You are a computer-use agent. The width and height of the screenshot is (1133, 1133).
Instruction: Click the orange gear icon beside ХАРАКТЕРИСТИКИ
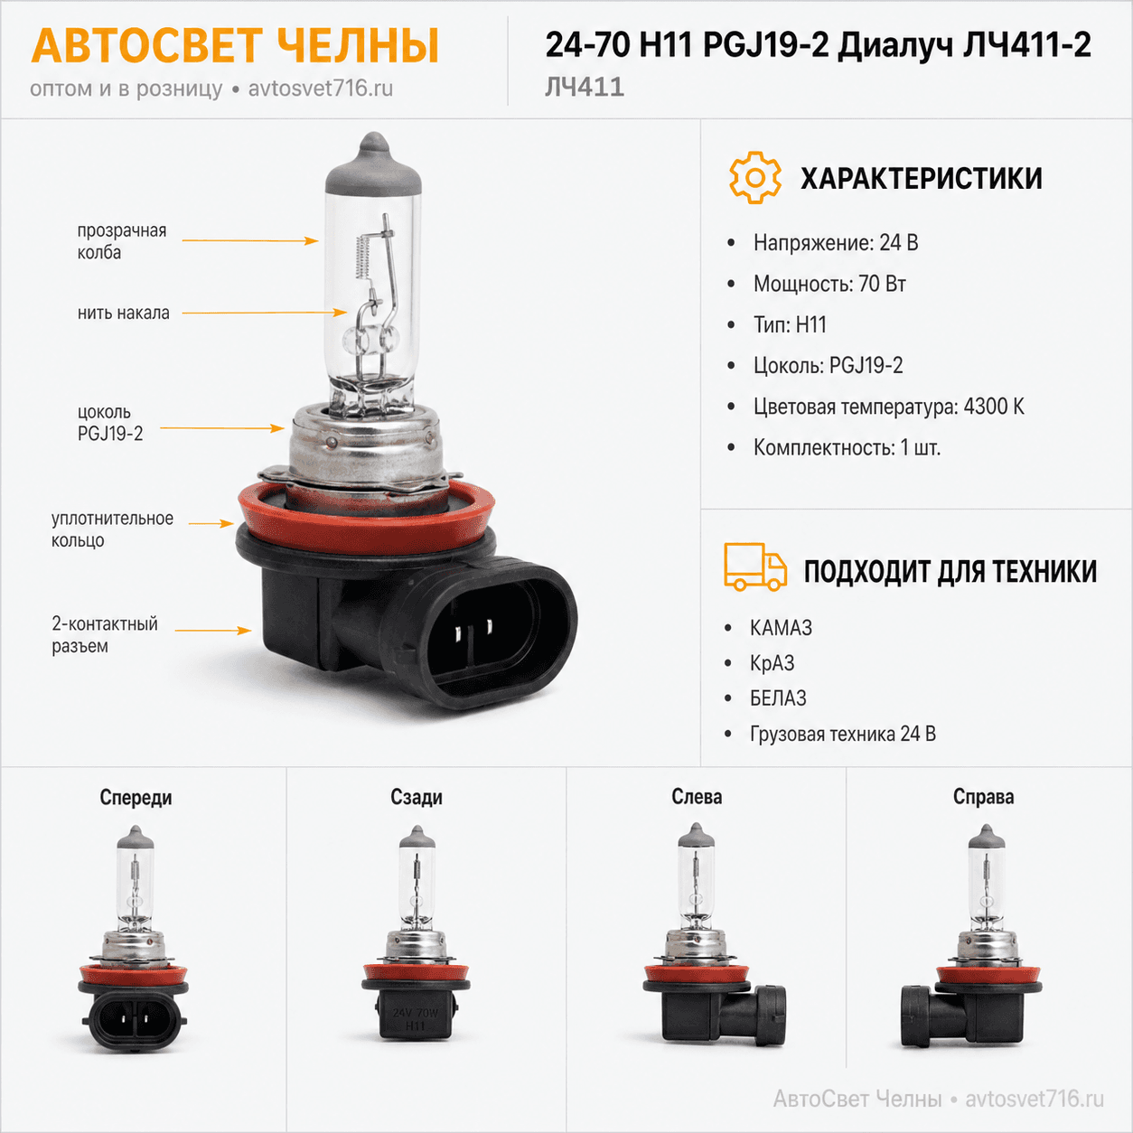(x=755, y=178)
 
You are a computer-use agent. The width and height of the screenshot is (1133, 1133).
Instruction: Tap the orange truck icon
(x=755, y=566)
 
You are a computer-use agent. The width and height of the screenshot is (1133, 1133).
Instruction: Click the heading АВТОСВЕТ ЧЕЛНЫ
(x=235, y=46)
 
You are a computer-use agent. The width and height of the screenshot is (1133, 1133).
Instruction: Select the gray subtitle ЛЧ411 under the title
(x=584, y=87)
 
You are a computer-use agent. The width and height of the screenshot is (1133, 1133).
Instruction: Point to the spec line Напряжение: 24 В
(x=836, y=242)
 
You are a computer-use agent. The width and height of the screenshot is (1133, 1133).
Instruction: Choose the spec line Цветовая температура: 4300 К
(x=888, y=407)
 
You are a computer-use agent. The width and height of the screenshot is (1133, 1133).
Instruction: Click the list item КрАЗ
(x=772, y=663)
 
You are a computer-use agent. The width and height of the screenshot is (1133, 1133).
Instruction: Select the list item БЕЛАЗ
(x=778, y=698)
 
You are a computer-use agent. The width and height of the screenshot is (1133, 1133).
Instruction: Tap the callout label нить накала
(x=124, y=313)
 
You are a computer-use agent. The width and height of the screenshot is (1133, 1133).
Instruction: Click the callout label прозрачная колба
(x=122, y=241)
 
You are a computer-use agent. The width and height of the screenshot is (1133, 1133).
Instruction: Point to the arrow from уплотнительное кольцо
(x=211, y=523)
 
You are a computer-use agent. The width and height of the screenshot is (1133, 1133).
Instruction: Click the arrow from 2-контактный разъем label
(x=213, y=631)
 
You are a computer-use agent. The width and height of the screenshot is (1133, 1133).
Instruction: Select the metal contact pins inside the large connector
(x=473, y=630)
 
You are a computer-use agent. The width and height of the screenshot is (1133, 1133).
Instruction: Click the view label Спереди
(x=136, y=797)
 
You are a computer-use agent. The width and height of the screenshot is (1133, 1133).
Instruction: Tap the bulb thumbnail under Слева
(x=714, y=935)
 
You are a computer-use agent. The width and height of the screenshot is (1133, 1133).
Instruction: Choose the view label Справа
(x=984, y=797)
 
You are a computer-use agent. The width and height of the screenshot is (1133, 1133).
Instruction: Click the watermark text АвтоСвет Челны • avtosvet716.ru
(x=939, y=1099)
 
